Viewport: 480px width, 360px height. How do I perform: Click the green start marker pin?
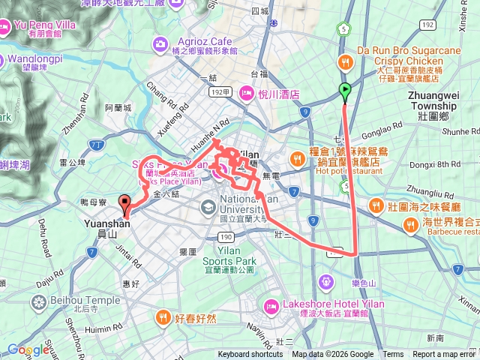point(345,92)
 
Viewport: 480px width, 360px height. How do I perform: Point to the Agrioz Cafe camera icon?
point(160,44)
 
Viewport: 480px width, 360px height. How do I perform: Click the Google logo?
point(28,349)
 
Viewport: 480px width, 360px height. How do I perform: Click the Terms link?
point(393,355)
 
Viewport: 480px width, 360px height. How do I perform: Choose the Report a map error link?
point(444,355)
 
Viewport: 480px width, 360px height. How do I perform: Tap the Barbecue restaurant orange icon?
point(411,223)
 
